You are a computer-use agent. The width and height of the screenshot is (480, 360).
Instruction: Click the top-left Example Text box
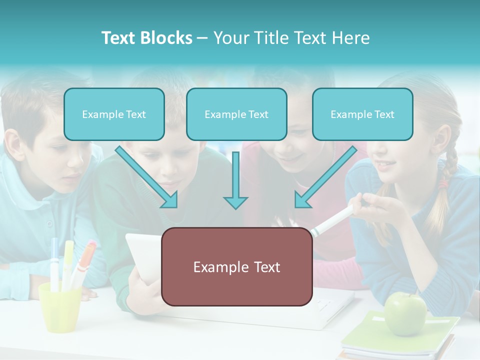tap(114, 114)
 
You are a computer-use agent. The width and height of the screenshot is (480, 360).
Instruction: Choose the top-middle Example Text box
tap(236, 114)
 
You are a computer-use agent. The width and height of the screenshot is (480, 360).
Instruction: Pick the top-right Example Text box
tap(362, 114)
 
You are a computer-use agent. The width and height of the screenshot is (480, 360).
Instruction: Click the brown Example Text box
tap(236, 267)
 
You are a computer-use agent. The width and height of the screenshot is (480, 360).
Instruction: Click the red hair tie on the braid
tap(443, 184)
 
